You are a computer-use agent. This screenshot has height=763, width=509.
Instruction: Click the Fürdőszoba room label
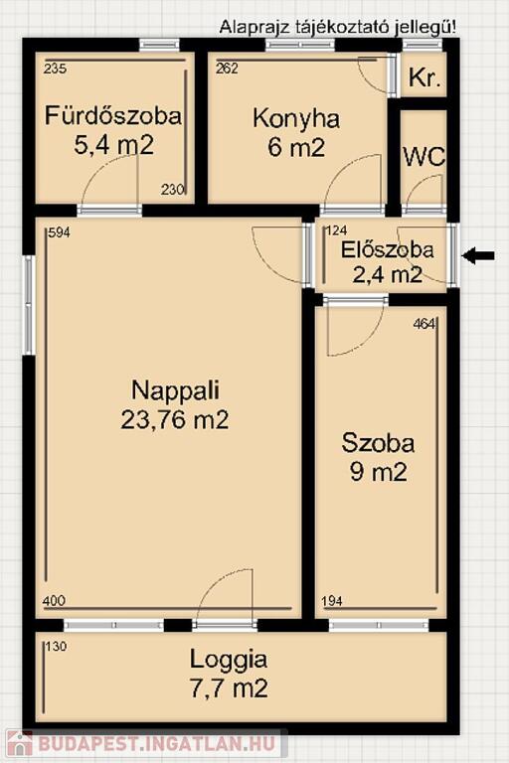coord(113,116)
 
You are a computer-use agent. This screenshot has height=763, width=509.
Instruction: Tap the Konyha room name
coord(296,119)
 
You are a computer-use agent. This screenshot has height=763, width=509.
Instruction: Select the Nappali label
coord(175,390)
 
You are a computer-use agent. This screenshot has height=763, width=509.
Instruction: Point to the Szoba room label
coord(378,443)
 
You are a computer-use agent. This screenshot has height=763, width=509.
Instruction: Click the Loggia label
coord(229,661)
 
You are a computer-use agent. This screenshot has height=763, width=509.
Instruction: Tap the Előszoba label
coord(388,249)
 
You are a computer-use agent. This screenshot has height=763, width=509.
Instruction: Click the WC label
coord(424,157)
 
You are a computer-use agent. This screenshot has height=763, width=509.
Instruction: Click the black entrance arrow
coord(478,255)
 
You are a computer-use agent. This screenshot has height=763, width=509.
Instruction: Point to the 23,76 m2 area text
coord(175,419)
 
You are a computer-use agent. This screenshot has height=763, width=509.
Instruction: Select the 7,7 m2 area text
coord(229,688)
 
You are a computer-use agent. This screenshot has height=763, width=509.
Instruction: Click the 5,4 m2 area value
coord(113,144)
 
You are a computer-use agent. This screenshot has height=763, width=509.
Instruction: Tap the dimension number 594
coord(59,232)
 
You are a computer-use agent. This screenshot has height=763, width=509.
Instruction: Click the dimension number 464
coord(424,324)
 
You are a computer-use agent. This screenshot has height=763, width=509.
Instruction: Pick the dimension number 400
coord(54,600)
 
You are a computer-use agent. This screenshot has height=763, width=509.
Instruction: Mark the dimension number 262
coord(227,69)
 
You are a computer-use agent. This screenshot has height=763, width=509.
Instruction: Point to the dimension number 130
coord(56,647)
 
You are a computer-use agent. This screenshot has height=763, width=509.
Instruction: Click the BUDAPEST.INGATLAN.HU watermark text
coord(156,744)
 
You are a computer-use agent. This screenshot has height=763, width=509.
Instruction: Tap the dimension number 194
coord(333,601)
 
